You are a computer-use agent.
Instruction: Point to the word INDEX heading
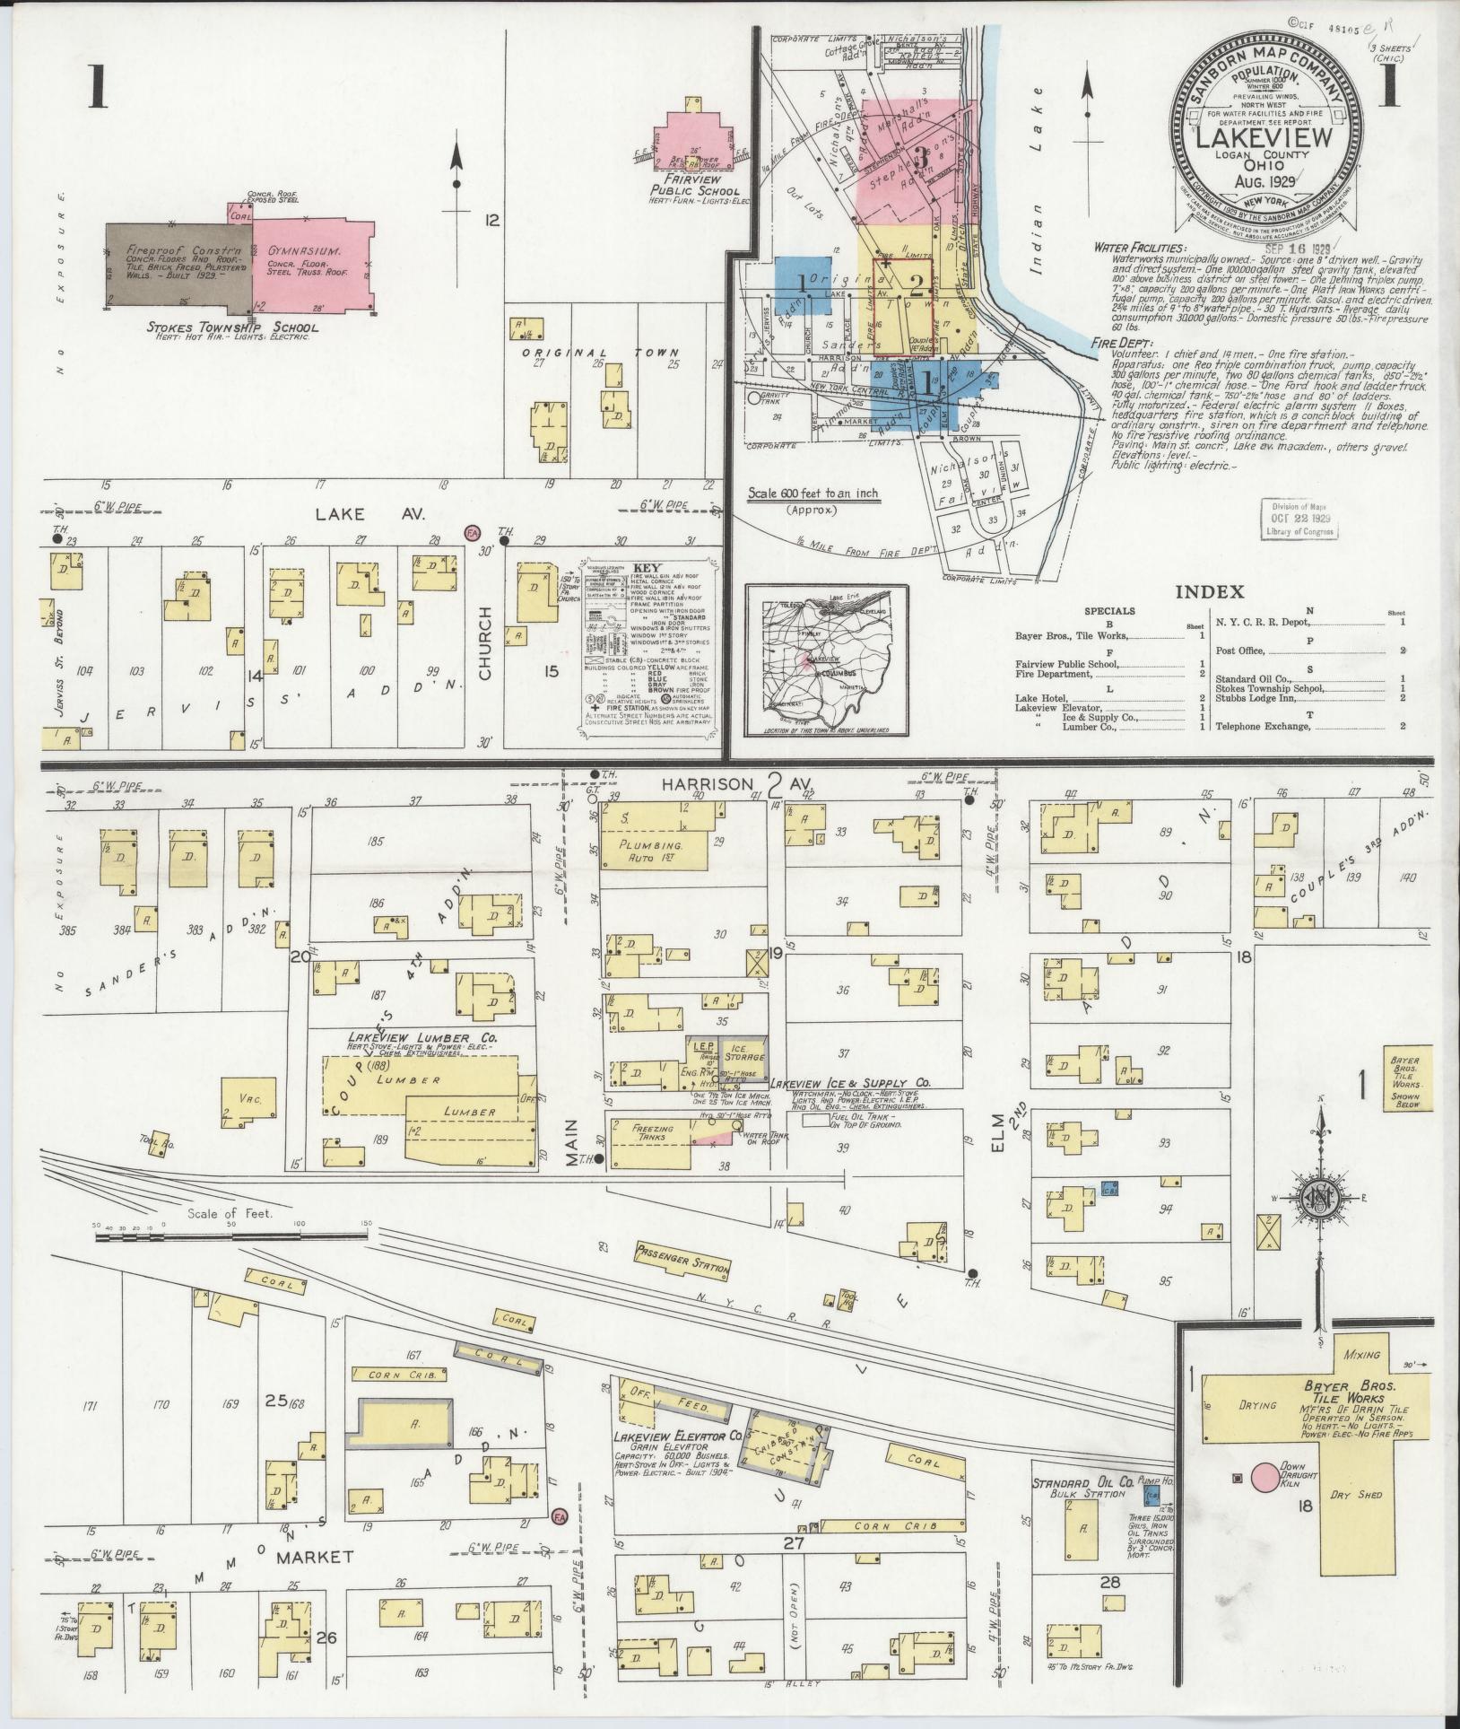pos(1209,591)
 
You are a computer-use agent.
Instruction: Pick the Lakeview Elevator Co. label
pos(678,1461)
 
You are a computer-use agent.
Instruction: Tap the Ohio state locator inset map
pos(826,659)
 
